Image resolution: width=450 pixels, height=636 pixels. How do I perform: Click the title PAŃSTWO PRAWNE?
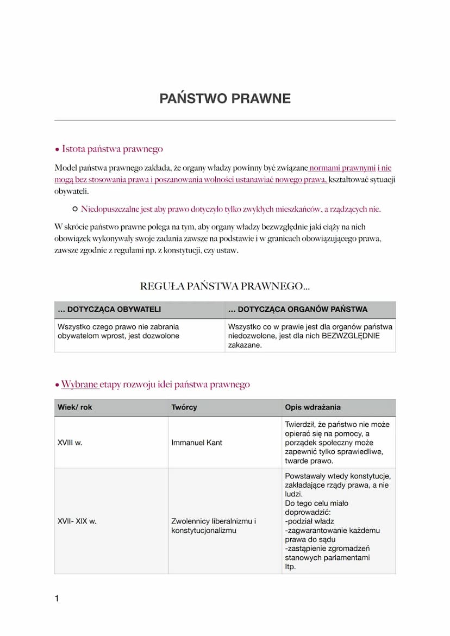pos(225,98)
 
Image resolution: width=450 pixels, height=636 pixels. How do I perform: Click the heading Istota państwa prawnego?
pos(112,149)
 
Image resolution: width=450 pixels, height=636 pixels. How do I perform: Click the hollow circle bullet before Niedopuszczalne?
pos(75,209)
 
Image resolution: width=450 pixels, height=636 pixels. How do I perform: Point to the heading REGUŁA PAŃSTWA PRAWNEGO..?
pos(224,286)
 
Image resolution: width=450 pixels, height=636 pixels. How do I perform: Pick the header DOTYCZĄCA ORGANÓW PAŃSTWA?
pos(302,310)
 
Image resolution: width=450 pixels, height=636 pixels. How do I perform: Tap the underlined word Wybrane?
pos(79,385)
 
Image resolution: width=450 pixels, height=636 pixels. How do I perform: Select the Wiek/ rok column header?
pos(75,407)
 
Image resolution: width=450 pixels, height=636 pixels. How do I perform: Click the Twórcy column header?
pos(184,407)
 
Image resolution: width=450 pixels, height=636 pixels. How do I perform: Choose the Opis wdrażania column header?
pos(312,407)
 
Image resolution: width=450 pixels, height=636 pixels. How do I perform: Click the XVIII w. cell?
pos(70,443)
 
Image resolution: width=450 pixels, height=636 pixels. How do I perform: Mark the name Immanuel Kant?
pos(197,443)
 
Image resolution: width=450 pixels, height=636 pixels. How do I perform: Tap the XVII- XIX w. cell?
pos(77,521)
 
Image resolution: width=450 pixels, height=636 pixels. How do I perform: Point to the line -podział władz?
pos(309,521)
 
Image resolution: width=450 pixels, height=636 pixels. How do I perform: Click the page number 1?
pos(57,599)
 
